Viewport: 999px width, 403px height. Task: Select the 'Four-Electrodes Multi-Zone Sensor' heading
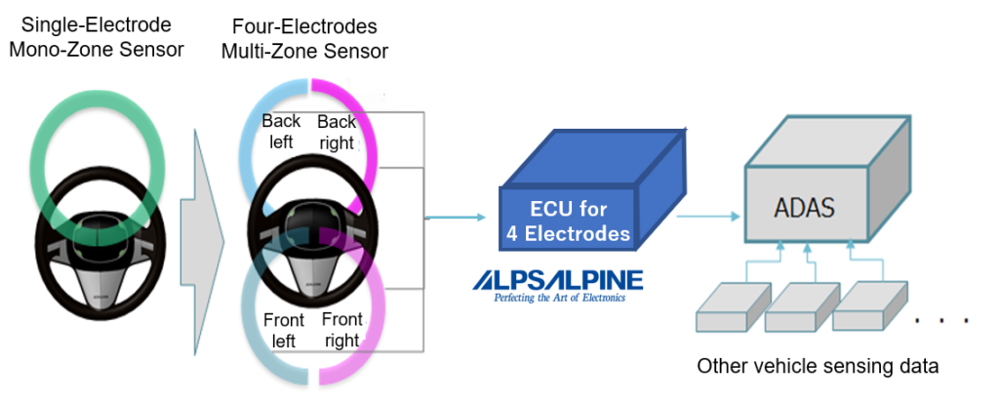point(303,36)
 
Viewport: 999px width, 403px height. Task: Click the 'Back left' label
point(281,132)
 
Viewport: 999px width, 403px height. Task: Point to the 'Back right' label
point(337,132)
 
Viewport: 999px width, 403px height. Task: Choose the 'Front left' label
point(283,330)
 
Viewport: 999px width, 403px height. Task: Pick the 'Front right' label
point(340,330)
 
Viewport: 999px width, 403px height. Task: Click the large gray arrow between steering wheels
point(208,214)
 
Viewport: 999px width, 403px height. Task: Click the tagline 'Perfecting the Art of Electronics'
point(559,297)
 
